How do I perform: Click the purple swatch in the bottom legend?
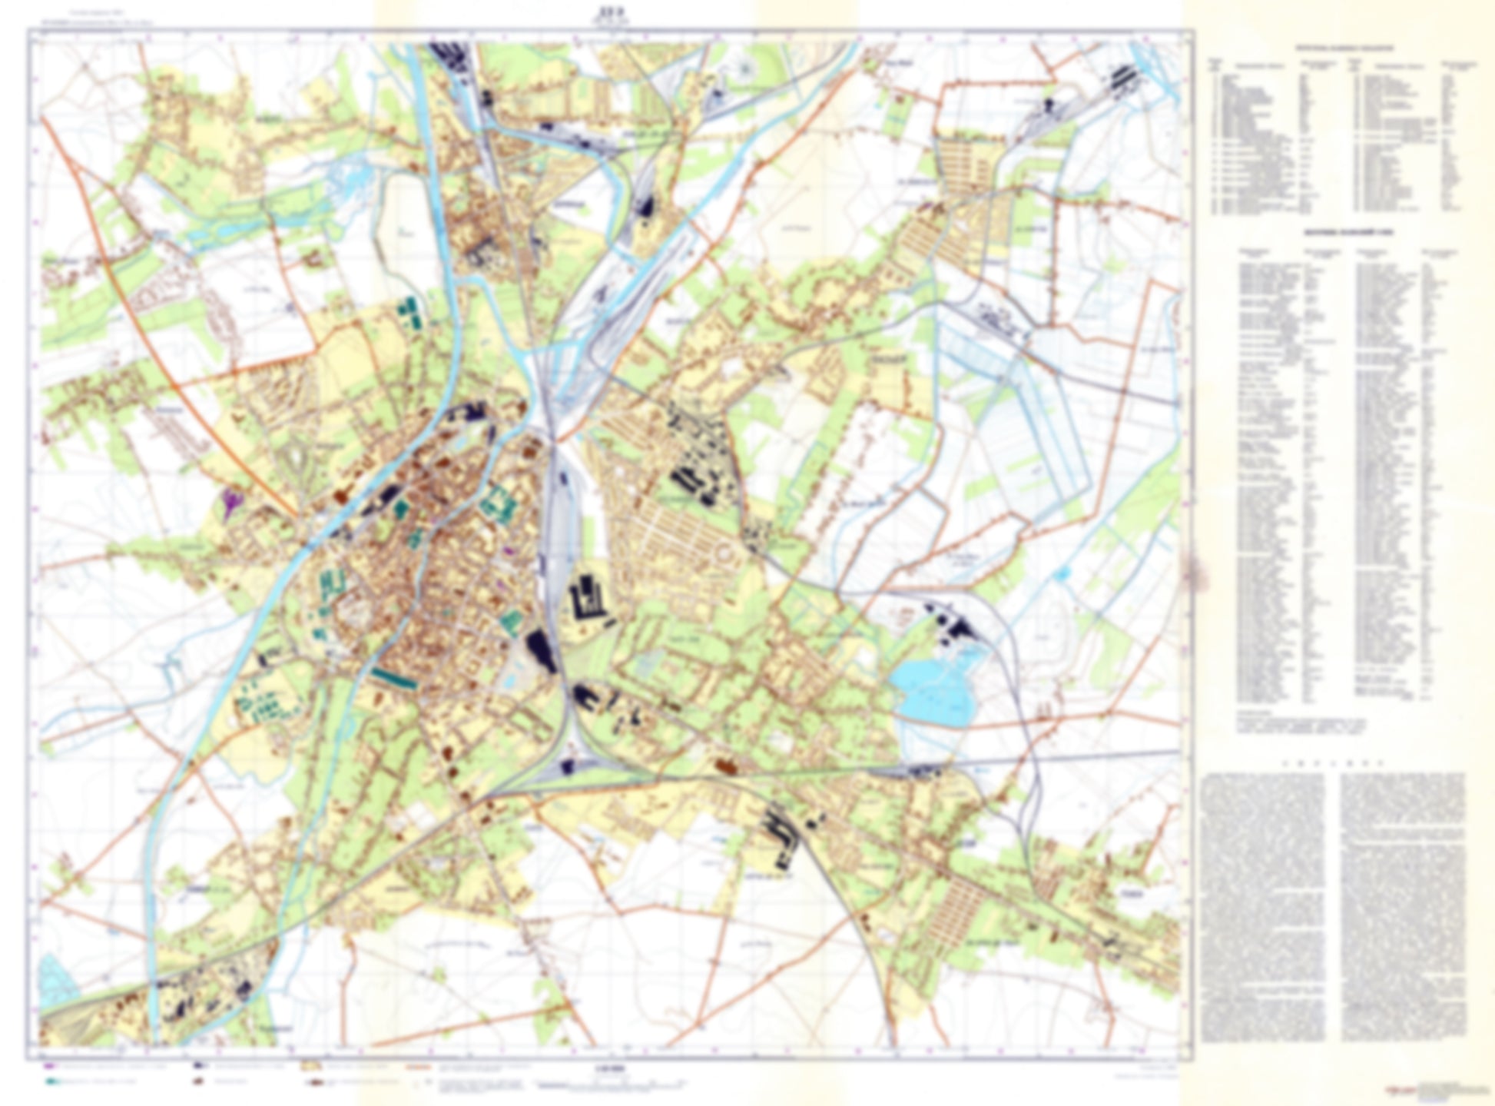(50, 1067)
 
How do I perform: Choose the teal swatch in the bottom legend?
(51, 1081)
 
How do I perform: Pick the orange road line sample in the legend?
(419, 1067)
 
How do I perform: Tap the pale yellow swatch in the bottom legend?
(311, 1067)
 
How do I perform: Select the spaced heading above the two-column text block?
(1333, 764)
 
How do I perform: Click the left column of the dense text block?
(1264, 907)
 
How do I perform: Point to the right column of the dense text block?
(1402, 907)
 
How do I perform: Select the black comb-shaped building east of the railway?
(588, 600)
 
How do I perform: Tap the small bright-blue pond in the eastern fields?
(1063, 573)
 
